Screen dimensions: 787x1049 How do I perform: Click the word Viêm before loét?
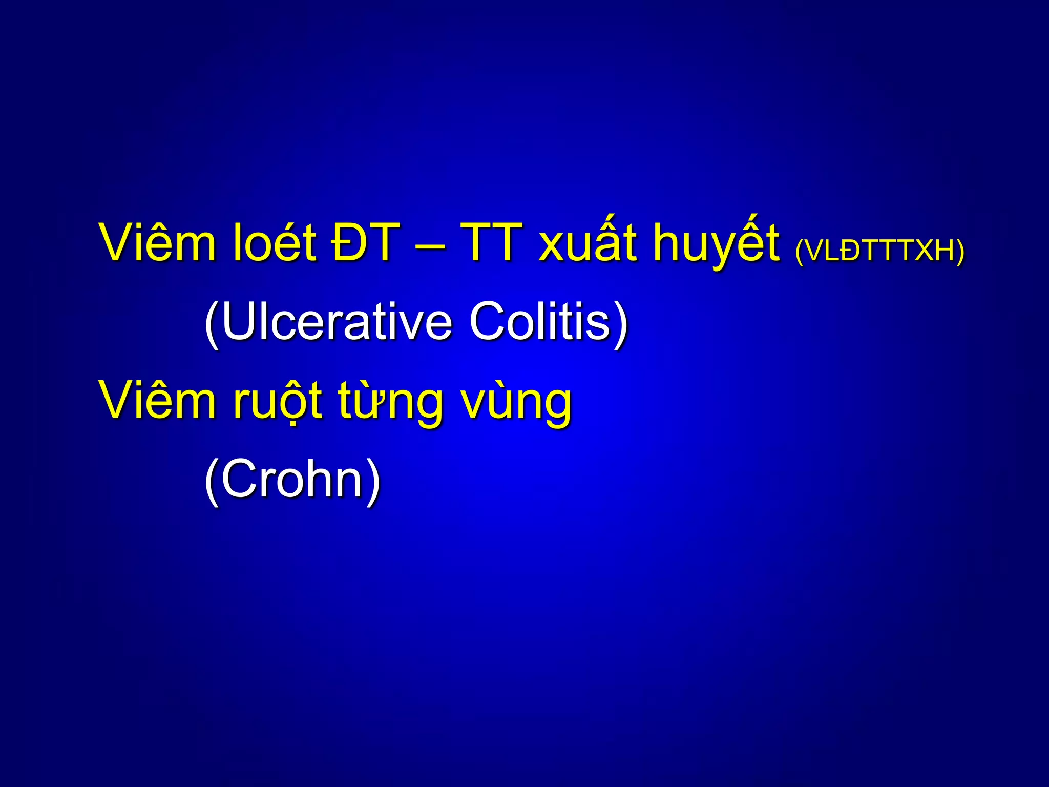tap(158, 243)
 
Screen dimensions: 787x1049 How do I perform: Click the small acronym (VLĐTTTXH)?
tap(879, 251)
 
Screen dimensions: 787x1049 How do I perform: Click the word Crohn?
tap(292, 479)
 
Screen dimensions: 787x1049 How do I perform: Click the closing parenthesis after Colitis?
tap(621, 324)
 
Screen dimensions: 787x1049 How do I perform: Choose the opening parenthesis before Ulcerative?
tap(212, 324)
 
